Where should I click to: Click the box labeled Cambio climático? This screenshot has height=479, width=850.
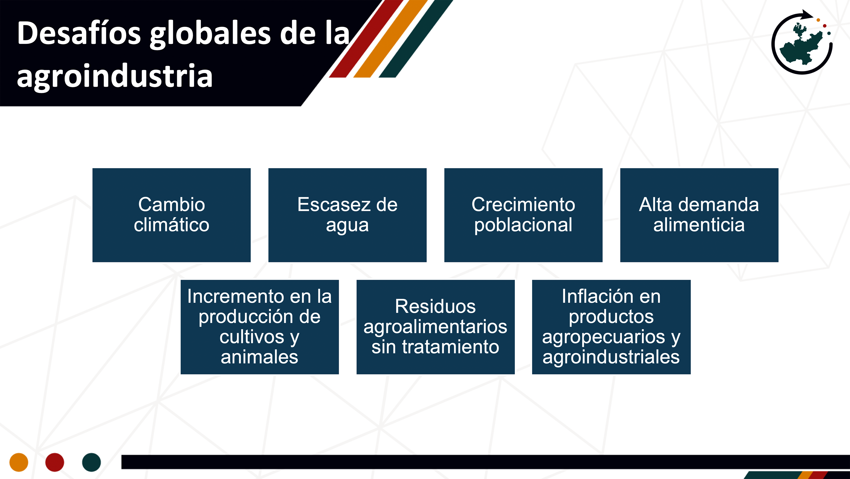click(171, 215)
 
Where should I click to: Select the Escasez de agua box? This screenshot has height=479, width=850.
click(347, 215)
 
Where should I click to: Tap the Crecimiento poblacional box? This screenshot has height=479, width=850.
click(523, 215)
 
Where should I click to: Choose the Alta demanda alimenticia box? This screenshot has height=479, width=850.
click(699, 215)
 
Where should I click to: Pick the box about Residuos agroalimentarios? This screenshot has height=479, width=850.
click(436, 327)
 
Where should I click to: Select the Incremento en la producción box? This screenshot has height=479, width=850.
click(260, 327)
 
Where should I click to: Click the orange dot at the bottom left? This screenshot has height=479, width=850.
click(19, 462)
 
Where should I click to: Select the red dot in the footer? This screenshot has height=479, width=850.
click(55, 462)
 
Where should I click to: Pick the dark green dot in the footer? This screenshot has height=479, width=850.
click(91, 462)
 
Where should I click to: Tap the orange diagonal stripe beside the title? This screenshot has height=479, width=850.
click(391, 39)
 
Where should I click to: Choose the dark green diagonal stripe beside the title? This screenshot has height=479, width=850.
click(416, 39)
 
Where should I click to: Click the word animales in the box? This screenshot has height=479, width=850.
click(259, 357)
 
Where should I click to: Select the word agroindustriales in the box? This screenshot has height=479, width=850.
click(611, 357)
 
